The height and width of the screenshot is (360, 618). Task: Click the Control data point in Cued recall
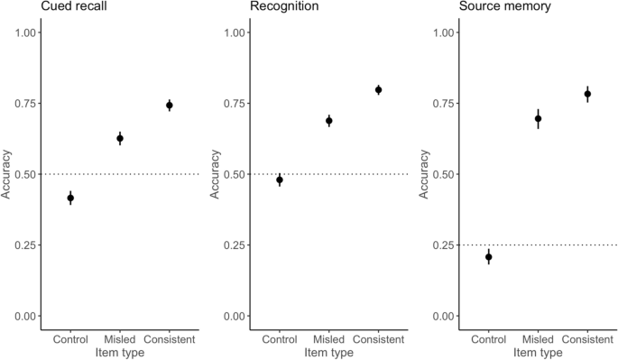(x=70, y=198)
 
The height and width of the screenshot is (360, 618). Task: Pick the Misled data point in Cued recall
(x=120, y=138)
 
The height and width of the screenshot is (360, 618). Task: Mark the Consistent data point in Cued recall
(x=170, y=105)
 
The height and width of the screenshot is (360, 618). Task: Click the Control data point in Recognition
(x=280, y=180)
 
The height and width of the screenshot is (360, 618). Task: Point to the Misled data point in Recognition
(x=329, y=120)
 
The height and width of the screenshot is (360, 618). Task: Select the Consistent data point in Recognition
(x=379, y=89)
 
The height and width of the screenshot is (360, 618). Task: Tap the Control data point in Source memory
(x=489, y=257)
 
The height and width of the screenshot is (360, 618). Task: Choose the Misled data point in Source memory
(x=539, y=118)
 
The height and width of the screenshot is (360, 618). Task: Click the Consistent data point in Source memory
(x=588, y=94)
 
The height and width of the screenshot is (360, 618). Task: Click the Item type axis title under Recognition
(x=329, y=352)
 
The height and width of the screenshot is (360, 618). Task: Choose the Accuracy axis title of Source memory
(x=424, y=174)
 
